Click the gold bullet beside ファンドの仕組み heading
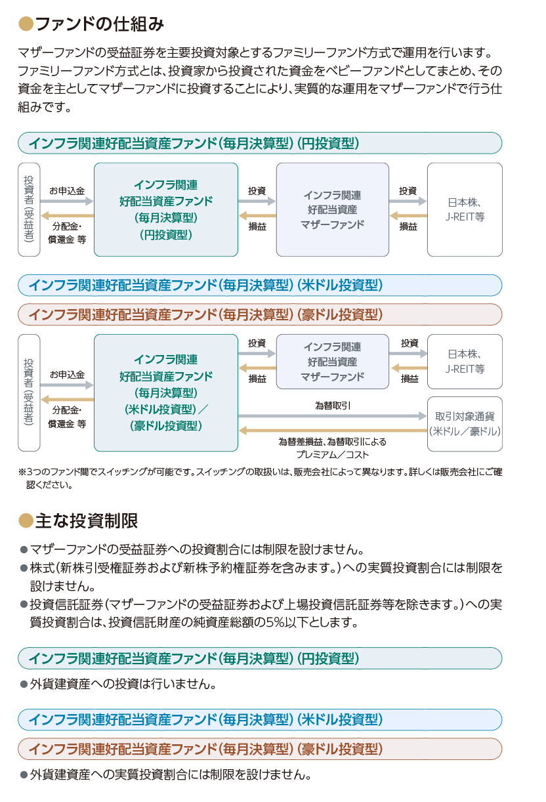click(x=26, y=24)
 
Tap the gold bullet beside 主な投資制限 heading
click(x=26, y=520)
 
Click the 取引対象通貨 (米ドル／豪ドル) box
click(x=465, y=424)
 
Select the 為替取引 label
click(x=333, y=406)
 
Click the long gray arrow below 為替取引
click(x=332, y=416)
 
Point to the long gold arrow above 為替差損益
click(x=333, y=431)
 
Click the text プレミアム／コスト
click(x=332, y=455)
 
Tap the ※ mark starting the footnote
click(x=22, y=472)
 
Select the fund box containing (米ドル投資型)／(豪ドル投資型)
click(x=166, y=392)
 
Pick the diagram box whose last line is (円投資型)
click(x=166, y=209)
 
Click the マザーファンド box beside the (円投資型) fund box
click(x=333, y=209)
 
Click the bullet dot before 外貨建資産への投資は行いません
click(x=24, y=685)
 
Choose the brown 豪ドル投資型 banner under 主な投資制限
click(x=260, y=749)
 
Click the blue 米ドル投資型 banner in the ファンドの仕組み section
click(x=260, y=285)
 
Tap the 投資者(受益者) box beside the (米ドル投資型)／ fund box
click(x=29, y=392)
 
